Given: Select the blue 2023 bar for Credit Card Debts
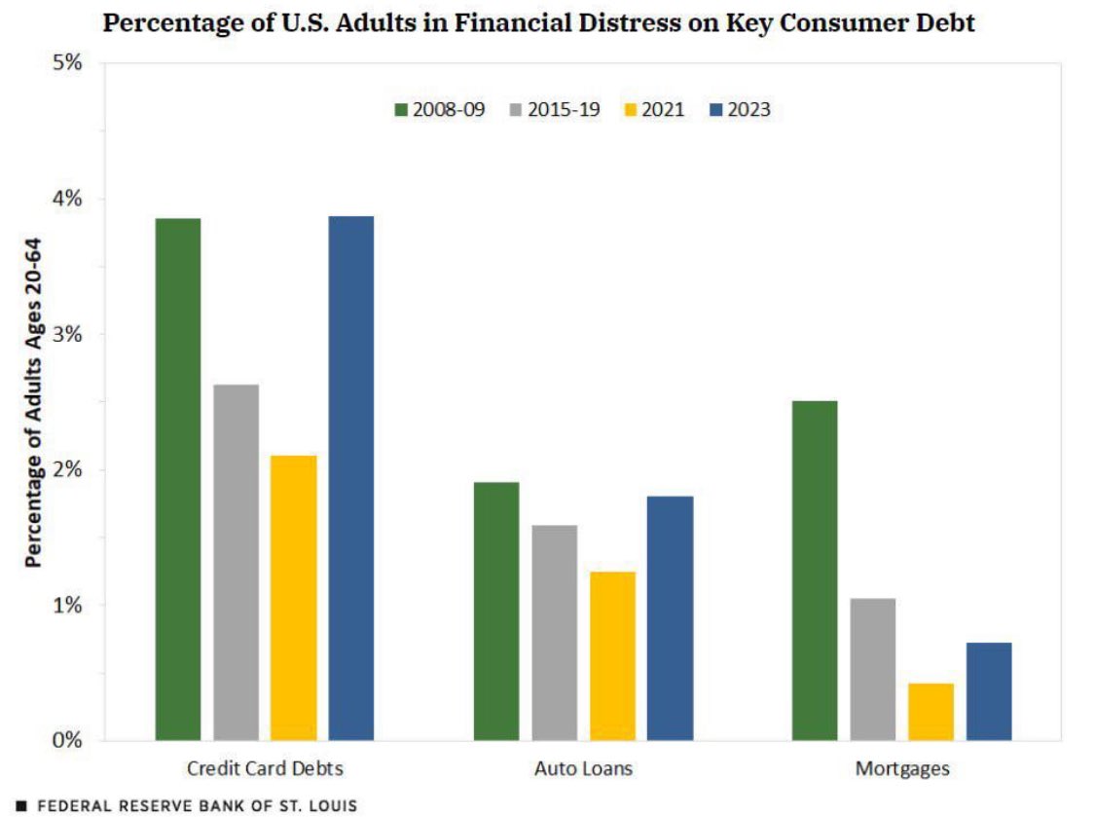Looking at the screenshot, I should click(350, 478).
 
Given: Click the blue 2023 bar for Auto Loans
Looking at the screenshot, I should click(670, 618).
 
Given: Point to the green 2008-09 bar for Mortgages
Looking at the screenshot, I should click(815, 571).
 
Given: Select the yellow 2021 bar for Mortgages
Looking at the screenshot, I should click(931, 712).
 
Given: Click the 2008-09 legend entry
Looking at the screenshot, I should click(437, 110).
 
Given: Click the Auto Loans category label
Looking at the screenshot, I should click(583, 769).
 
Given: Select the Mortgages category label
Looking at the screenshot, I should click(901, 769).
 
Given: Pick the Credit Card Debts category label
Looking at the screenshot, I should click(265, 769).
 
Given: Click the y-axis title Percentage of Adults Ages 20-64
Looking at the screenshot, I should click(32, 402).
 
